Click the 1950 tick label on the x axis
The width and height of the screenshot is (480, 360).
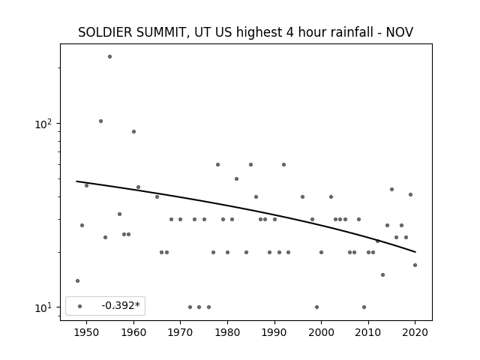click(87, 332)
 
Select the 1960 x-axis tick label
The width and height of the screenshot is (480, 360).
click(133, 332)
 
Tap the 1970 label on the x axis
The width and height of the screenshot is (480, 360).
click(180, 332)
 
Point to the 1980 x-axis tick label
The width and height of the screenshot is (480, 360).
click(227, 332)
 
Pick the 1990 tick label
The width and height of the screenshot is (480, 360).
click(274, 332)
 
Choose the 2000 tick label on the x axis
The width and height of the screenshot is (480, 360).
click(321, 332)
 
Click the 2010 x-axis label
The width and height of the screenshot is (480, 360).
click(368, 332)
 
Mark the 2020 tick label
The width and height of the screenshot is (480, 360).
click(415, 332)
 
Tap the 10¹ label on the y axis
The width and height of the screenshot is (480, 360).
click(43, 307)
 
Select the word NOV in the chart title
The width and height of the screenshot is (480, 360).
click(400, 32)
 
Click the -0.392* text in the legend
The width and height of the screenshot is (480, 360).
click(121, 305)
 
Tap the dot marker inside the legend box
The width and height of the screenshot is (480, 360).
click(80, 306)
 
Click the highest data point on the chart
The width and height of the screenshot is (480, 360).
click(110, 57)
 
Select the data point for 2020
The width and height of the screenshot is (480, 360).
click(415, 265)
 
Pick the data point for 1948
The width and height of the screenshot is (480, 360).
click(77, 280)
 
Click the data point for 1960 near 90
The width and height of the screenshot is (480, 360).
click(133, 132)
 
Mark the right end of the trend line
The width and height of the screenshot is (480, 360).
click(415, 252)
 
